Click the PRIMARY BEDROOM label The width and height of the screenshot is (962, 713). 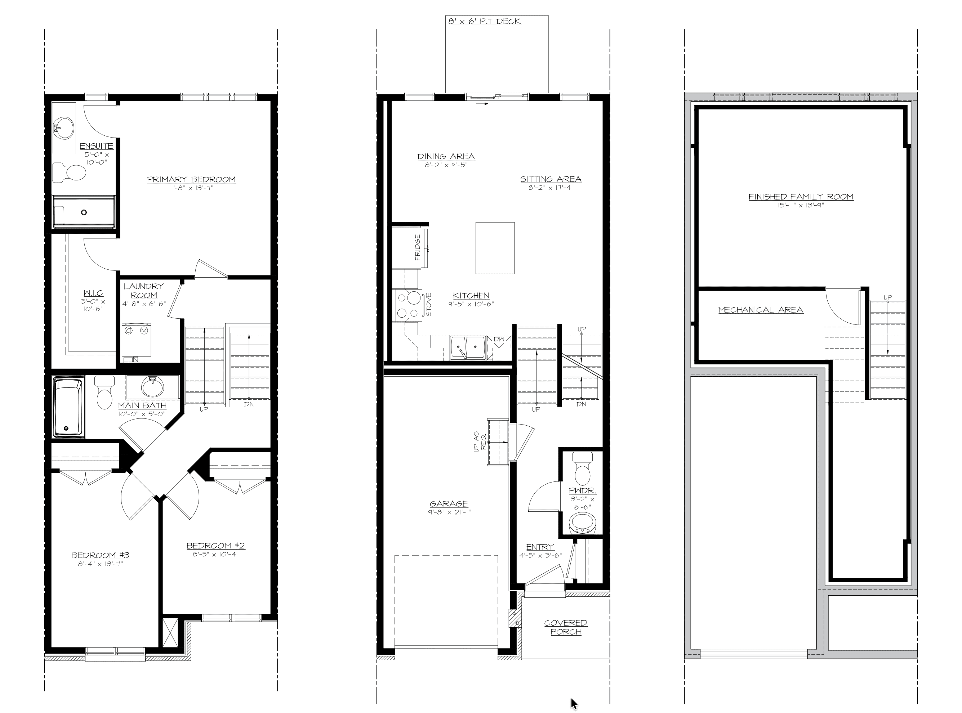click(x=191, y=180)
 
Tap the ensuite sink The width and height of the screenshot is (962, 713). click(x=63, y=128)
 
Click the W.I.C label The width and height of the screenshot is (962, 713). click(x=93, y=293)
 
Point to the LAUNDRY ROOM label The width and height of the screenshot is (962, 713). click(x=144, y=291)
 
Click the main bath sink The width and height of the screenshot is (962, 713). click(x=152, y=387)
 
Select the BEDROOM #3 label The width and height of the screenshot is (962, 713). click(x=100, y=556)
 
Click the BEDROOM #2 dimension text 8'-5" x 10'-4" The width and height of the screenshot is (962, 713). click(x=215, y=554)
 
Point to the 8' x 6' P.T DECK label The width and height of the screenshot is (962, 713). click(x=485, y=21)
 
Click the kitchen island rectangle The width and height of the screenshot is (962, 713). click(x=495, y=248)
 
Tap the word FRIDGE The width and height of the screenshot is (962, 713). click(x=418, y=247)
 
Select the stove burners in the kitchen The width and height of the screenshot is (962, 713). click(x=408, y=305)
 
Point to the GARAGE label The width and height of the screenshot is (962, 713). click(x=449, y=504)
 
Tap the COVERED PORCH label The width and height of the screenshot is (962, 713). click(x=566, y=627)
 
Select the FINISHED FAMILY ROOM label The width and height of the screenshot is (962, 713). click(x=801, y=197)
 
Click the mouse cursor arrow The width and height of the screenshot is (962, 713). click(x=574, y=704)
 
